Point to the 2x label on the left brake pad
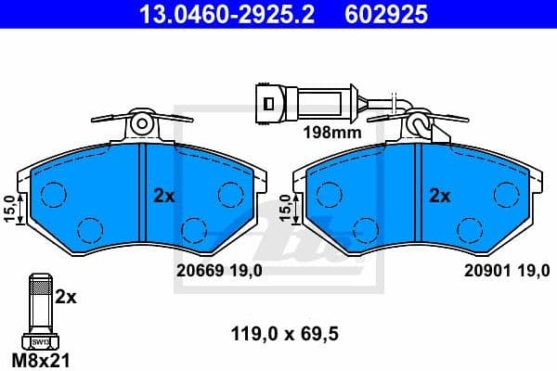click(163, 196)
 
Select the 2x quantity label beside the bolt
click(65, 297)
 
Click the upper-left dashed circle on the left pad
click(54, 194)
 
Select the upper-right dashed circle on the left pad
click(229, 194)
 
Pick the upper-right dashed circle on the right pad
click(506, 194)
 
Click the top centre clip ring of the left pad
click(141, 122)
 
